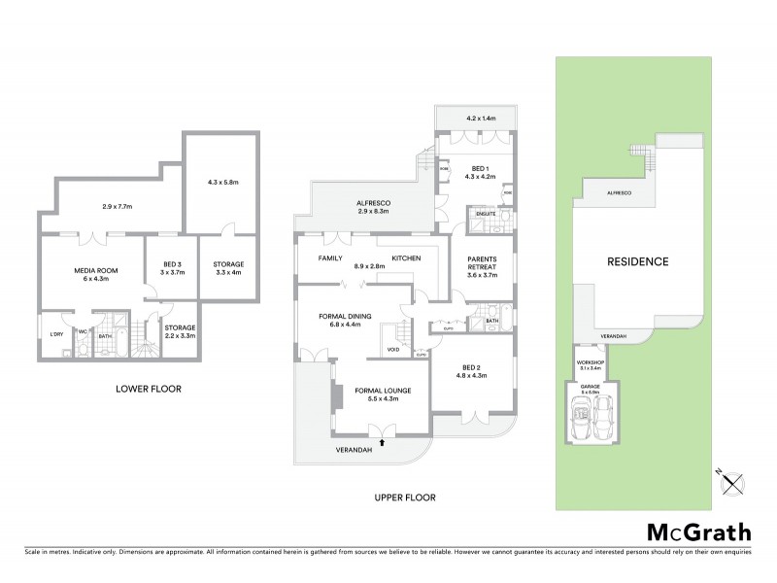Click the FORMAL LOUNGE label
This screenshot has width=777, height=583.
(x=384, y=392)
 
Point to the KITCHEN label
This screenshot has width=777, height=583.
(x=406, y=257)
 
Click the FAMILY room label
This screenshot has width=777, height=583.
(x=333, y=257)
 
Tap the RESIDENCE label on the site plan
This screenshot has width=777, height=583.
(x=638, y=261)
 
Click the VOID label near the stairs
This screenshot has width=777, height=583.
(x=393, y=350)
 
